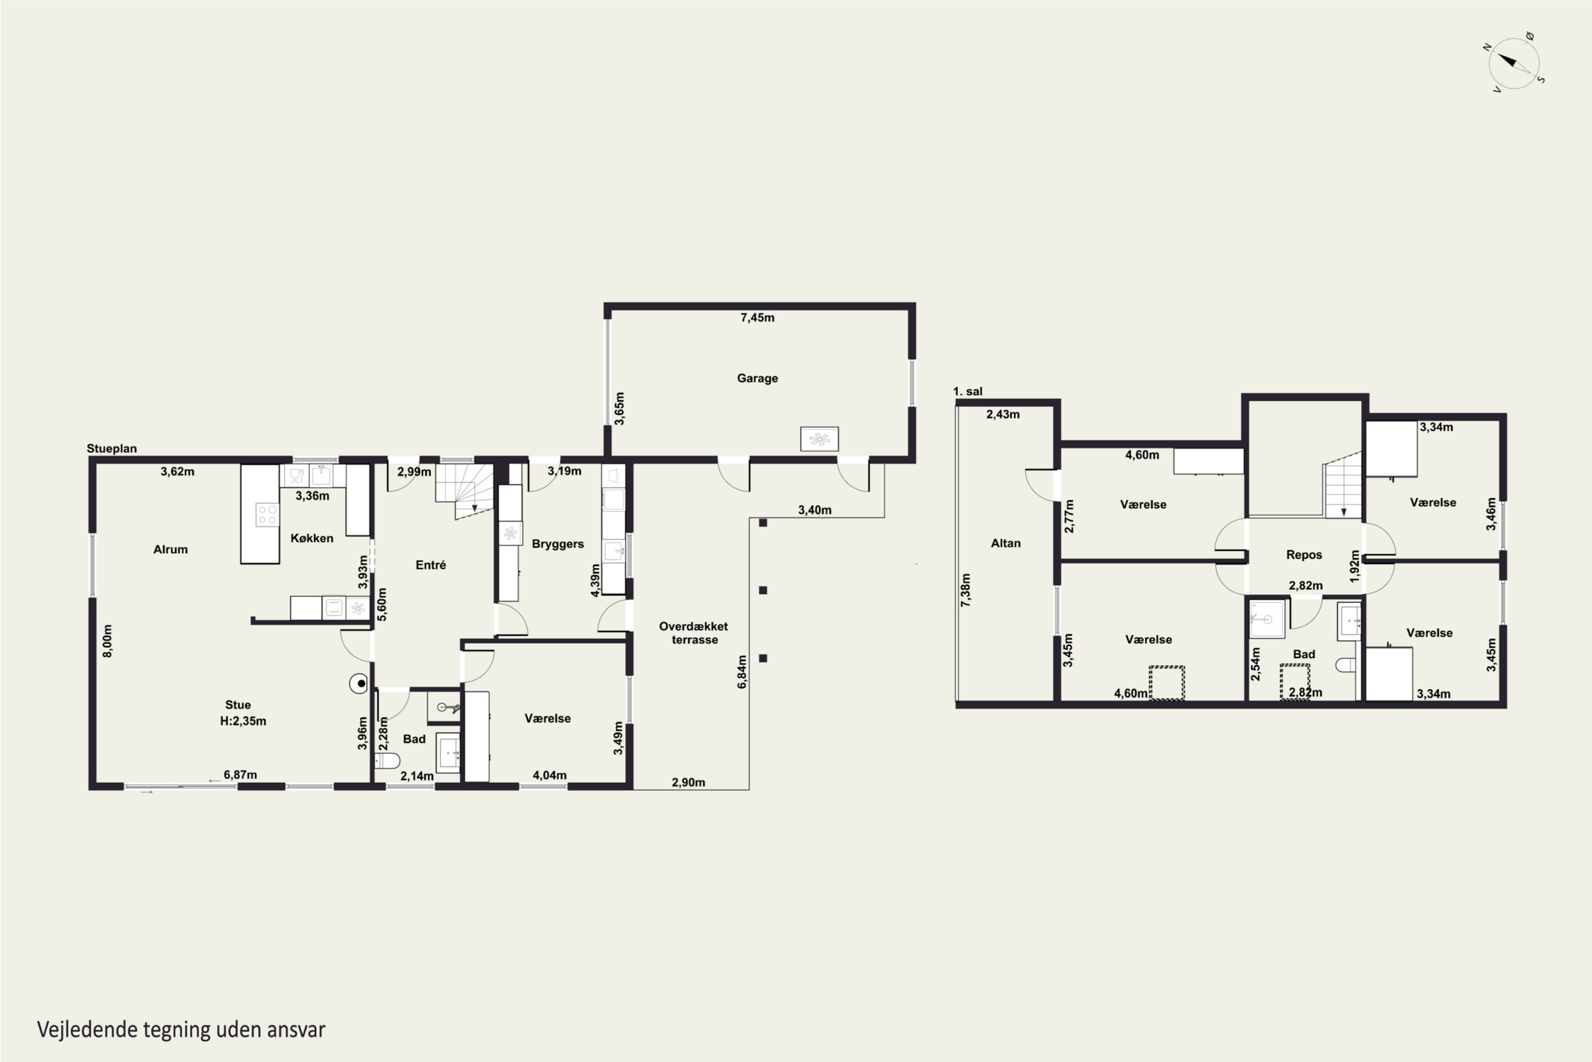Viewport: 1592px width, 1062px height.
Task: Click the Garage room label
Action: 757,378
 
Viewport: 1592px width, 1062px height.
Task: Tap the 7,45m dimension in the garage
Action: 757,317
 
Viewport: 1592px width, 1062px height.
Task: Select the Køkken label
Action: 312,538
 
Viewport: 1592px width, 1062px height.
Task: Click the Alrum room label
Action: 170,549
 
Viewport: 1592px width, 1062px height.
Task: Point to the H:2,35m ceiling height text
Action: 243,721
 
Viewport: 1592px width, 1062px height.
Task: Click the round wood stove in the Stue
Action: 359,683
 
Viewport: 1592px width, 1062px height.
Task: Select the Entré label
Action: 430,565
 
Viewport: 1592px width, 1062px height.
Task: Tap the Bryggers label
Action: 558,544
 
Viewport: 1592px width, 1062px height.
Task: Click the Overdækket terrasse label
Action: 694,632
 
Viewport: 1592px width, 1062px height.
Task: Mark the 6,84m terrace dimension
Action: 742,672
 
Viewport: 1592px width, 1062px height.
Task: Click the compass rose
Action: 1514,64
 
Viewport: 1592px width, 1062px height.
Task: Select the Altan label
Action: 1006,543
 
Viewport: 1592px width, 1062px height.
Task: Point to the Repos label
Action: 1304,555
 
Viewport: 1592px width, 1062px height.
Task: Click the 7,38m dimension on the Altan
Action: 966,590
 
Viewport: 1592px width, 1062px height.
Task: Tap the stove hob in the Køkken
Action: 267,515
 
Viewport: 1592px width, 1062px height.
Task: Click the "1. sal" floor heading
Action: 967,391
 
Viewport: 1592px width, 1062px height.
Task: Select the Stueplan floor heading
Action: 111,448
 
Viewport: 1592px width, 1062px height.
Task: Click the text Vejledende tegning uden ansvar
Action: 181,1030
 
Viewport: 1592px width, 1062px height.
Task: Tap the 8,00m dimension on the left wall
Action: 108,641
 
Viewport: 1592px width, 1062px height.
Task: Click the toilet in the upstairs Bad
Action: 1346,665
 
